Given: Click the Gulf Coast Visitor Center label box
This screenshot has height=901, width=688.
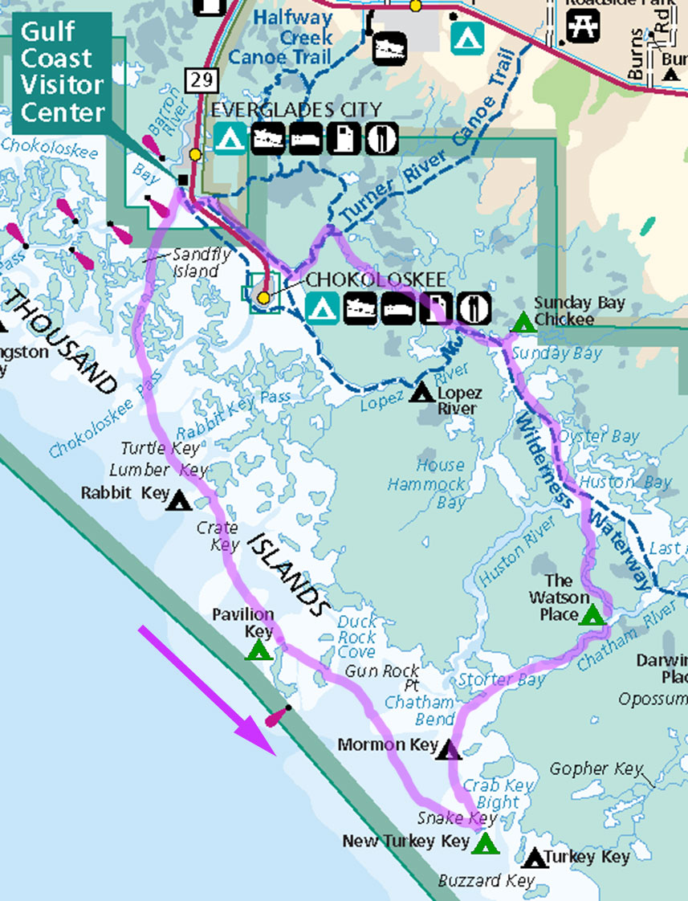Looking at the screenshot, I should point(61,73).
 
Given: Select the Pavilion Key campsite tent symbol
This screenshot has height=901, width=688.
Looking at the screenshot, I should point(259,650).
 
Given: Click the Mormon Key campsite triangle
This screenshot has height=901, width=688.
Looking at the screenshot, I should point(449,750).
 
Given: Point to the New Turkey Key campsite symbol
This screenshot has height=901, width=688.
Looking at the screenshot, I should point(485,844).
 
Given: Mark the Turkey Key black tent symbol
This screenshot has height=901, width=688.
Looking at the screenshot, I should point(534,858).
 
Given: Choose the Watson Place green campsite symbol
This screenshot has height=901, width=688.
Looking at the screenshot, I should point(592,616).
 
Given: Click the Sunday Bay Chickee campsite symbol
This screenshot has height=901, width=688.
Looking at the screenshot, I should point(523,323).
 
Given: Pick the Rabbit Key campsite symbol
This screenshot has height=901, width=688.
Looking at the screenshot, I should point(179,500).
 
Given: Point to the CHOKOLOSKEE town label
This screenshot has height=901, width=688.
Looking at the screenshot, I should point(376,279).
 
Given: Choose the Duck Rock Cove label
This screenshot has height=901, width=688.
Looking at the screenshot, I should point(356,637).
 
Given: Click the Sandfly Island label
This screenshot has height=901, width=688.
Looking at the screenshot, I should point(195,263).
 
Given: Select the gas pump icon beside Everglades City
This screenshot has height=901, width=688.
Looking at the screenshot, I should point(346,138).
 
